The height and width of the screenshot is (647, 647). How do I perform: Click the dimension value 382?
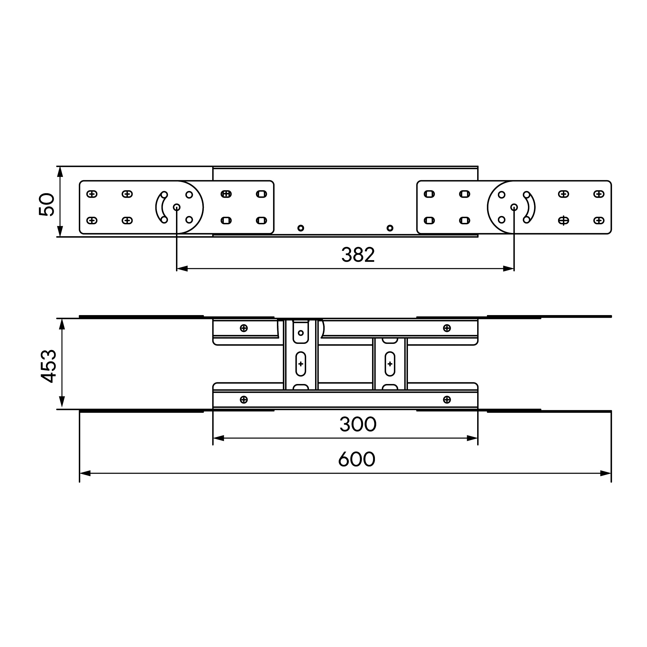coord(358,255)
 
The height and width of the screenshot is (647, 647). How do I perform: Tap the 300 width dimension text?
coord(358,424)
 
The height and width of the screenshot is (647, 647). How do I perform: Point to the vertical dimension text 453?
coord(49,366)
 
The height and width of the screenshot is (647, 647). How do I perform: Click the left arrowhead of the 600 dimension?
coord(85,473)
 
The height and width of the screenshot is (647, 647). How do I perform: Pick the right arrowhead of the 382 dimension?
coord(508,269)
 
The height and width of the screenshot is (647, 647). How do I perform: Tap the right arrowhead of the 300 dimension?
coord(472,438)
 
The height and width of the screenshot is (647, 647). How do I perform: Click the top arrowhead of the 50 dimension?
coord(60,172)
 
